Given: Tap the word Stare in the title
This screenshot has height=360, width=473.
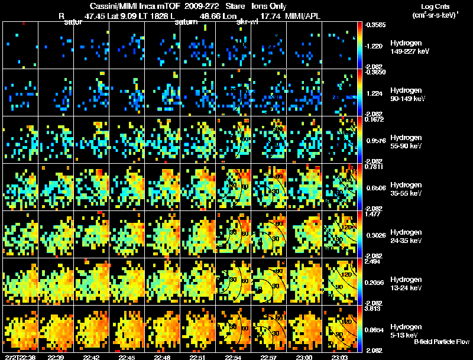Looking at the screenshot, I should click(228, 6).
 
